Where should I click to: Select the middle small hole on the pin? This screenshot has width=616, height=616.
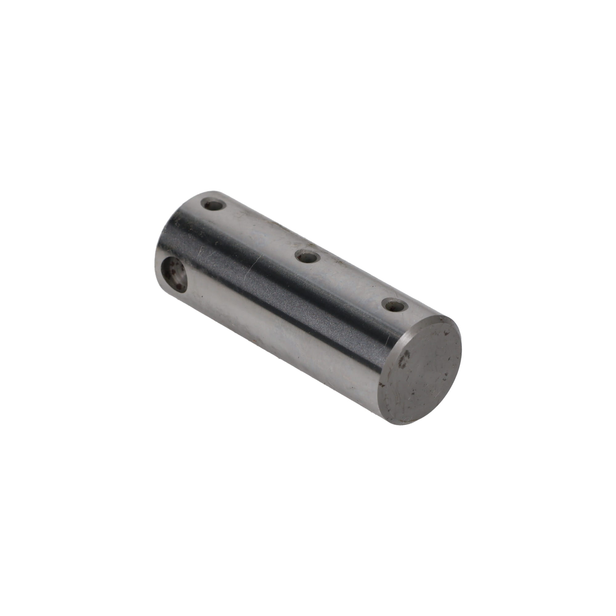(x=308, y=257)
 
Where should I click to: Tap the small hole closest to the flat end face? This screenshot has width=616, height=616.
(x=395, y=305)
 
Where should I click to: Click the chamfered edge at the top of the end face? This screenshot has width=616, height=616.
(x=437, y=319)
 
